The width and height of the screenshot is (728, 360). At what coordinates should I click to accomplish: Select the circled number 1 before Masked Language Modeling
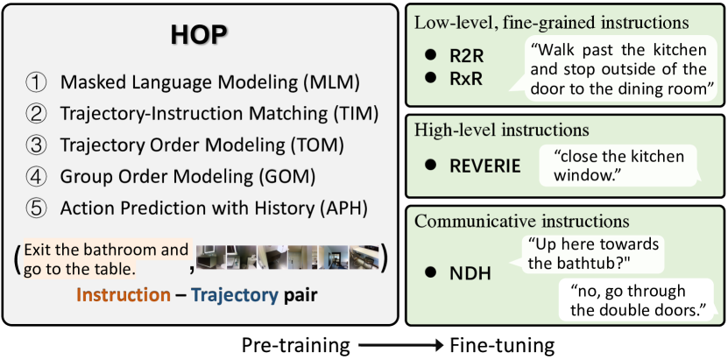(35, 83)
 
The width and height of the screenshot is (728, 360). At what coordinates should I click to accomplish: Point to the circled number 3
(35, 145)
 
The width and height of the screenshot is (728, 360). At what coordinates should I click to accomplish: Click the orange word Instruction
(123, 295)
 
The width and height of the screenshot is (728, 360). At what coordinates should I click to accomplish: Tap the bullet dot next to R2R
(432, 54)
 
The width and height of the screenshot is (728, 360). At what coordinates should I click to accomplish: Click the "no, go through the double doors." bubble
(633, 300)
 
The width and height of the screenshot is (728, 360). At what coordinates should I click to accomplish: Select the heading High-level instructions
(501, 130)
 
